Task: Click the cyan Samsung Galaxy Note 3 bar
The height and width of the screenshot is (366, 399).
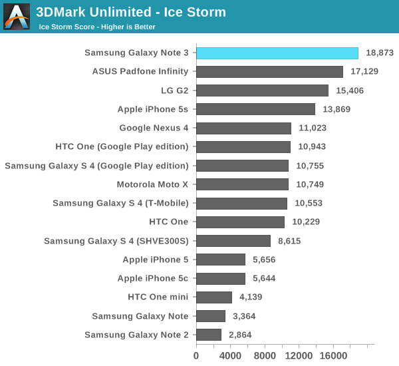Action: click(277, 53)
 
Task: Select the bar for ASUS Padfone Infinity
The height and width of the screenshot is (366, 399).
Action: click(269, 72)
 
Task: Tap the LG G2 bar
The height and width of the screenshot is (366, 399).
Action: click(262, 91)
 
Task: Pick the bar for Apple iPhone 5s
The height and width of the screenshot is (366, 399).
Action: click(255, 109)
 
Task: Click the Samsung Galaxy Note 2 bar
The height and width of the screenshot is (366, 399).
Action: click(209, 335)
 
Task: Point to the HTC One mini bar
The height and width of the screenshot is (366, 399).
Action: click(214, 297)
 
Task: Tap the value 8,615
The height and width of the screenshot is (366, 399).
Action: click(289, 241)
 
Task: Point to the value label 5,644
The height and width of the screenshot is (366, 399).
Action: click(264, 279)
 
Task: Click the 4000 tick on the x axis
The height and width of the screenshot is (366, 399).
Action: click(231, 356)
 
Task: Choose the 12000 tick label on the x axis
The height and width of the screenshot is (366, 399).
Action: click(300, 356)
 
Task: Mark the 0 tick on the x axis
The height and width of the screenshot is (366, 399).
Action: click(196, 356)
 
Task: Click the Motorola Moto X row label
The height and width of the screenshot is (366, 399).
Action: click(152, 184)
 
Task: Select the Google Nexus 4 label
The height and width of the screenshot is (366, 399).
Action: click(154, 128)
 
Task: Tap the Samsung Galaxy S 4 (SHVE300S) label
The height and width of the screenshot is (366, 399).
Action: click(116, 241)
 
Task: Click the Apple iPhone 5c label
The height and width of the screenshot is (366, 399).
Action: click(153, 279)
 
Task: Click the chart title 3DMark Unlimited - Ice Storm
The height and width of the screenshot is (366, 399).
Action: click(131, 12)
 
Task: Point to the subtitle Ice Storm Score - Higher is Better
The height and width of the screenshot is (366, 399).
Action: click(97, 27)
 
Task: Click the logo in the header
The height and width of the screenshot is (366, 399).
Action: click(17, 17)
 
